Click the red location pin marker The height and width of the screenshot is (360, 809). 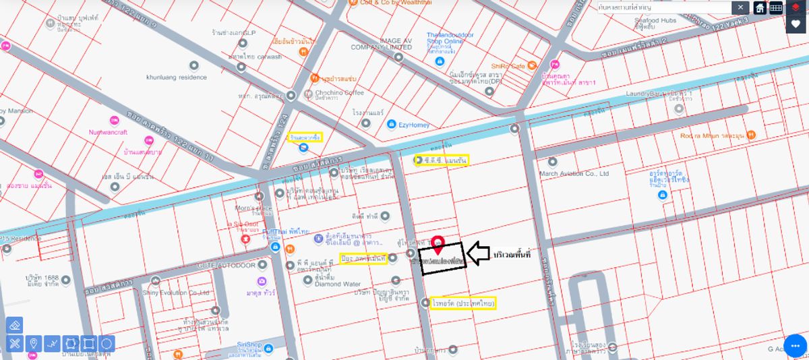438,243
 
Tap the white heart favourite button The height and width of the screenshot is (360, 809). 796,24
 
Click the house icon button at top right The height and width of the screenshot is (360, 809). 760,7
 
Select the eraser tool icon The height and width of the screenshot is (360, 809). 14,325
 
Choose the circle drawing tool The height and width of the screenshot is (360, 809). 106,344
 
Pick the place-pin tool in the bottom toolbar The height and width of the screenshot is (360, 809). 32,344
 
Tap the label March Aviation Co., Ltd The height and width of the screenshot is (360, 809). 574,173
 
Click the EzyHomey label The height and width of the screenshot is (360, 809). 414,124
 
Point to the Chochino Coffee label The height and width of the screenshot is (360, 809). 339,92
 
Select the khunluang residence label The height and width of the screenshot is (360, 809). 177,77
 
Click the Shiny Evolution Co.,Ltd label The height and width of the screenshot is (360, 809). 176,292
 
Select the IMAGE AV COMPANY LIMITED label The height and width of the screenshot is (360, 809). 381,44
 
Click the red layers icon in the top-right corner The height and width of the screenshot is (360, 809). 796,7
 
